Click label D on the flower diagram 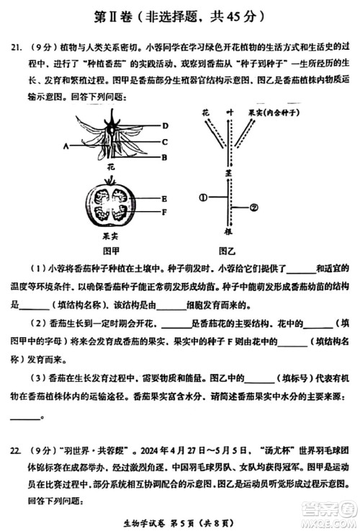coord(165,125)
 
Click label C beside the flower coord(165,141)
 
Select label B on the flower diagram coord(165,157)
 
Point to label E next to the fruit coord(165,198)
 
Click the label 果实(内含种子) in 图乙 coord(273,113)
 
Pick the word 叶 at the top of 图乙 coord(230,113)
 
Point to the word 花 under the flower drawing coord(110,166)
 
